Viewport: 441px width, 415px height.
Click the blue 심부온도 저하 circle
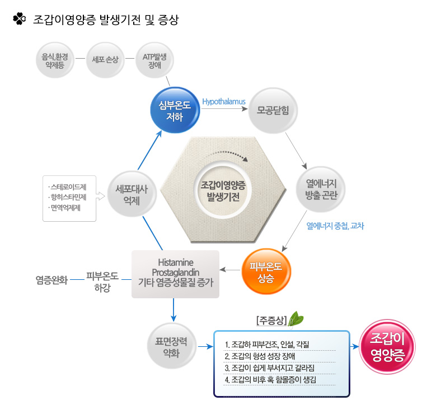point(175,110)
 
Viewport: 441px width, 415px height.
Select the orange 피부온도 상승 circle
point(266,271)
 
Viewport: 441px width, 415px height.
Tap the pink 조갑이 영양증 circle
point(388,347)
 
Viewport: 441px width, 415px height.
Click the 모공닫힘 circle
point(273,111)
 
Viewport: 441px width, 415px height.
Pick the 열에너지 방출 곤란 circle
point(321,189)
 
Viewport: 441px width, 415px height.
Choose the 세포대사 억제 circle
point(132,194)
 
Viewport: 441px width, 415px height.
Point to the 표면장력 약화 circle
point(171,346)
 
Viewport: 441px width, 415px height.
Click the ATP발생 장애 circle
point(154,60)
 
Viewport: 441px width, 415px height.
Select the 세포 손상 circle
point(105,60)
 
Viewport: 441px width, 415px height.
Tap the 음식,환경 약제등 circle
point(55,60)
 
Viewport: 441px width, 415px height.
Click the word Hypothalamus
point(224,102)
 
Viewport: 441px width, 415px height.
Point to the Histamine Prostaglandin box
point(176,274)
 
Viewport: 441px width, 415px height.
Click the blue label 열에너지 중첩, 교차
point(335,226)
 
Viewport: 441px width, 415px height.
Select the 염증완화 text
point(51,280)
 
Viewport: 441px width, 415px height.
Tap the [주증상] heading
point(271,321)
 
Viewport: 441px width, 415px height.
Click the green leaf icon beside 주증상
point(296,319)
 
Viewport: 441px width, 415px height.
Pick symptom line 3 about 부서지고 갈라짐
point(269,368)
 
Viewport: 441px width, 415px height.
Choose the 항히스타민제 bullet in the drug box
point(68,197)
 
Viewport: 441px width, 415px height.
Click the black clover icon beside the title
point(20,19)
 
